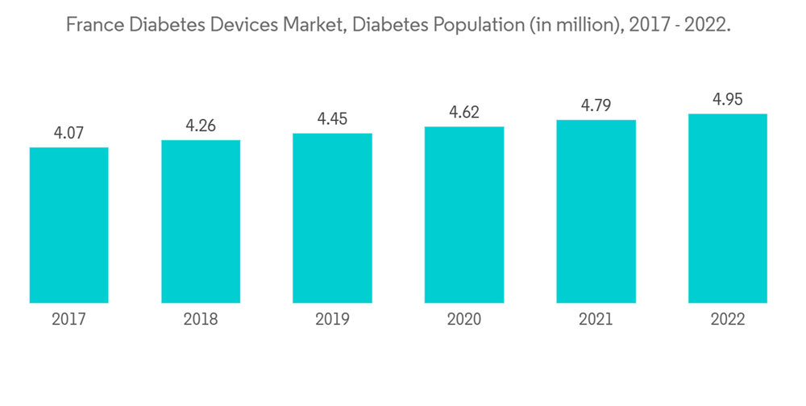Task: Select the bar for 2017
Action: click(x=69, y=226)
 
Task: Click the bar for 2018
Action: click(x=201, y=222)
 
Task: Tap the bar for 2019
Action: click(x=332, y=218)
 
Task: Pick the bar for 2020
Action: click(x=464, y=215)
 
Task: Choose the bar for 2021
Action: click(x=596, y=212)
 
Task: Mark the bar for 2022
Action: click(x=728, y=209)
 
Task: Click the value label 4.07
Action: click(x=69, y=133)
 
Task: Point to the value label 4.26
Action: click(x=201, y=126)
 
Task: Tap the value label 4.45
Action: click(x=332, y=119)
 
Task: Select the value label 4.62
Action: click(x=464, y=113)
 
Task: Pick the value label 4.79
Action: click(x=596, y=106)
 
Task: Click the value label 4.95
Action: click(x=728, y=100)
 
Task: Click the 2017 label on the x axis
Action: click(x=69, y=320)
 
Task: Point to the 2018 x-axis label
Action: click(x=201, y=320)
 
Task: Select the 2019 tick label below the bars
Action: click(x=332, y=320)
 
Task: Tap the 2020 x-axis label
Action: click(x=464, y=320)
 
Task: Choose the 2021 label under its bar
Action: click(x=596, y=320)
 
